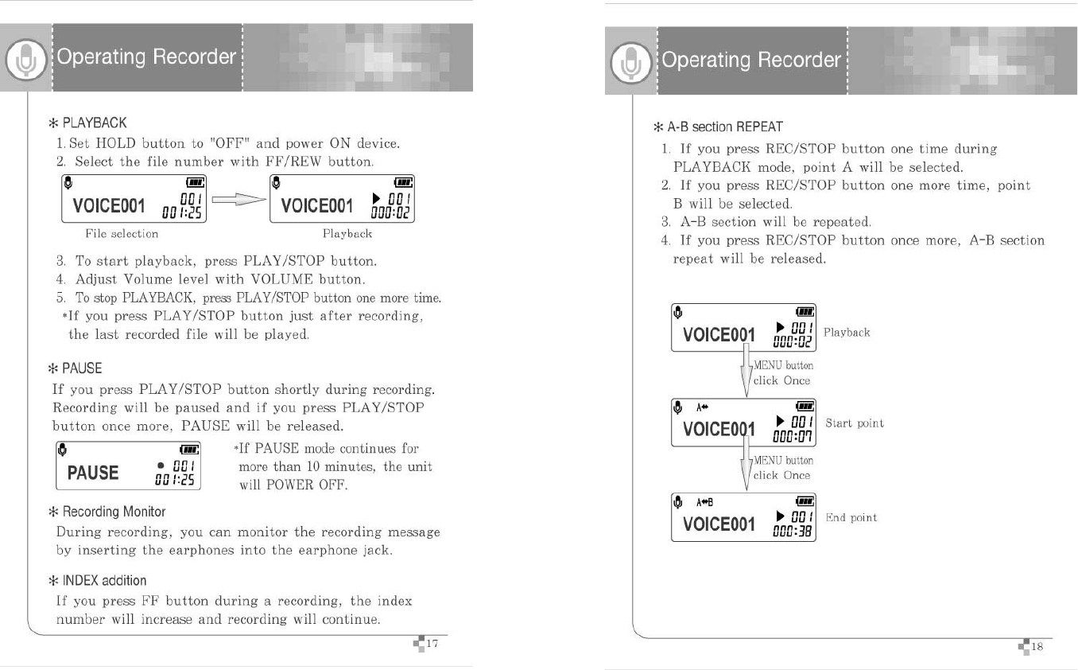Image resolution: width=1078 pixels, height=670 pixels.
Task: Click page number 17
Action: point(433,643)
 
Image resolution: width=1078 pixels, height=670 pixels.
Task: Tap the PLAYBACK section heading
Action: point(94,123)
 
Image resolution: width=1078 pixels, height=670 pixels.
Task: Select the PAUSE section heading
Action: point(82,368)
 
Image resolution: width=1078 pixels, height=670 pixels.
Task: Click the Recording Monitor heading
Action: point(114,511)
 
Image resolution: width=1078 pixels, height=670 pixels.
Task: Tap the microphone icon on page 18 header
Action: point(630,62)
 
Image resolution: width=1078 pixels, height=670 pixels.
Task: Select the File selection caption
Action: point(122,234)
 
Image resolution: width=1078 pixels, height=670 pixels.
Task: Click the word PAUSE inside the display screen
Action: point(93,473)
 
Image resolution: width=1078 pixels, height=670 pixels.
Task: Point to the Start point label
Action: point(855,423)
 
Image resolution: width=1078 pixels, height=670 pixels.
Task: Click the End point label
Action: point(851,518)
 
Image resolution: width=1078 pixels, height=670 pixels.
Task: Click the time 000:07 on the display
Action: point(792,437)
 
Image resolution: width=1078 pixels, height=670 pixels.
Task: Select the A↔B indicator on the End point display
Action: point(705,502)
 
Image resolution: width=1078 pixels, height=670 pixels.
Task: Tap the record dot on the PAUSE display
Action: point(161,465)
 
